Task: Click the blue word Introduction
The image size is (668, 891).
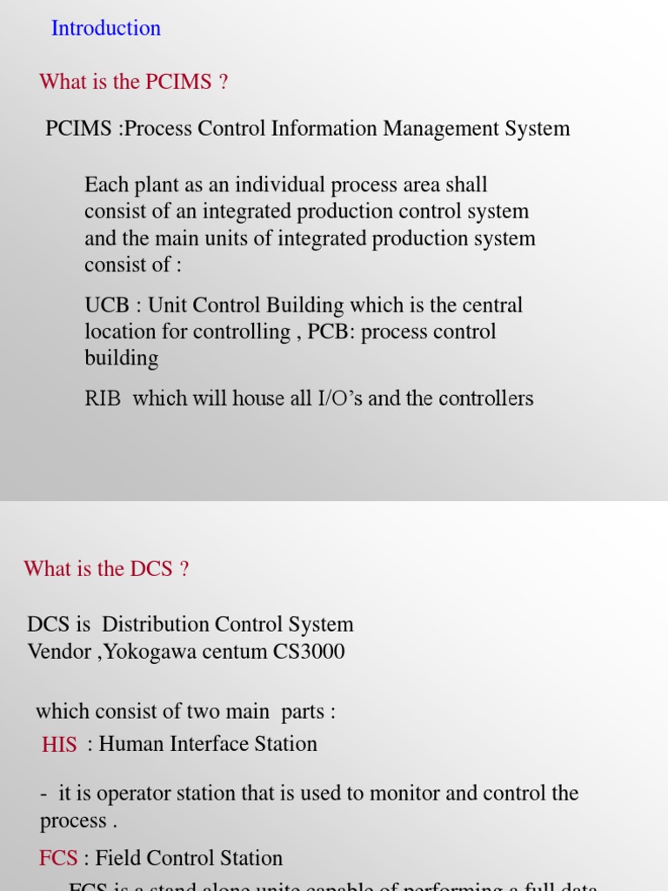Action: point(106,28)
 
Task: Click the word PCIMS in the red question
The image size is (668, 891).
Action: point(178,82)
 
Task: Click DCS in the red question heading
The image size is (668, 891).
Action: point(151,569)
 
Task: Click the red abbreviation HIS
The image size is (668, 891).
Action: point(59,745)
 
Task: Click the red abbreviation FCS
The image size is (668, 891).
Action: point(58,859)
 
